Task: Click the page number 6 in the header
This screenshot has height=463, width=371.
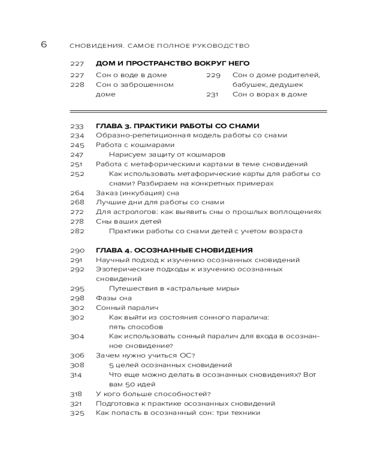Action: pos(44,44)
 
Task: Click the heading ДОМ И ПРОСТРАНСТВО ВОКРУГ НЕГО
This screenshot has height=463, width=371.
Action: pos(173,63)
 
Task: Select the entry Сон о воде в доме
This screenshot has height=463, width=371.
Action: pos(131,75)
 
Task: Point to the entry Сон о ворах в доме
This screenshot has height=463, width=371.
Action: pos(269,94)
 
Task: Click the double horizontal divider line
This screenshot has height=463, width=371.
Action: pos(198,111)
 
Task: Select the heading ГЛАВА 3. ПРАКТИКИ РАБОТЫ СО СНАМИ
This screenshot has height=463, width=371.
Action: pos(177,126)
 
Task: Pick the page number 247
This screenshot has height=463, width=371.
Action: pos(77,155)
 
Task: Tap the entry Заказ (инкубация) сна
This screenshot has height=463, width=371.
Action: pos(137,193)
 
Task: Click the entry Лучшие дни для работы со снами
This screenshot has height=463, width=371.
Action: pos(160,202)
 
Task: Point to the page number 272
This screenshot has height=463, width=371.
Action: pos(77,212)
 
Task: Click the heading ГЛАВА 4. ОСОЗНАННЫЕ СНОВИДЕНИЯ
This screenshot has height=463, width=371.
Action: pos(174,250)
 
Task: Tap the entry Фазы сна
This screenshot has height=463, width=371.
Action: pos(114,298)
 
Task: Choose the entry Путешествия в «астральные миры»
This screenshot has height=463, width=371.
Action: pos(174,288)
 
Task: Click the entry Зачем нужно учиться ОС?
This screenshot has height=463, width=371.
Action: pos(145,356)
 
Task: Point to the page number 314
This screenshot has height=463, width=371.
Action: pos(77,375)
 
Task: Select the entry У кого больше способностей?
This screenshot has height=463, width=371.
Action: pos(153,394)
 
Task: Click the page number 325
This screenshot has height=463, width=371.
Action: pos(77,413)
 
